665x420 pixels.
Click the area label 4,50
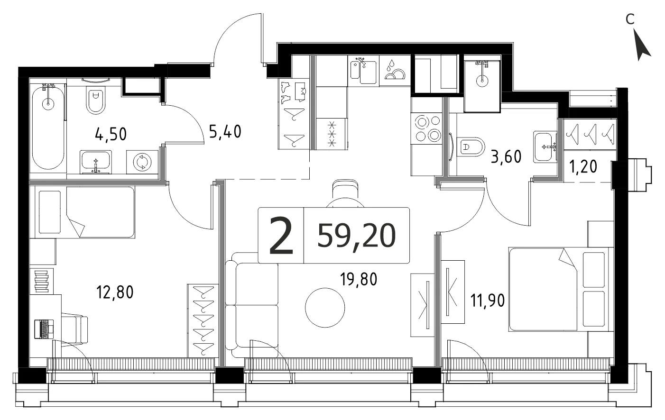click(x=111, y=134)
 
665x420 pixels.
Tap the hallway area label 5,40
click(x=225, y=132)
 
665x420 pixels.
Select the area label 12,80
click(x=115, y=292)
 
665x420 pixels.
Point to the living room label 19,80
click(x=359, y=279)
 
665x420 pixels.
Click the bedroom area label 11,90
click(x=488, y=301)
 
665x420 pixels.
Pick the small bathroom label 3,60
click(x=506, y=156)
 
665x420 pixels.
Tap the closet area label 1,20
click(x=583, y=167)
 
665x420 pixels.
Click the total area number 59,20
click(x=356, y=236)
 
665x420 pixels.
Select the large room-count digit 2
click(x=281, y=236)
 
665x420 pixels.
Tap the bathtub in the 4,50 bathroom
click(x=48, y=128)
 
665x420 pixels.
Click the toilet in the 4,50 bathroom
click(x=95, y=100)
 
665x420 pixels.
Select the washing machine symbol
click(x=142, y=162)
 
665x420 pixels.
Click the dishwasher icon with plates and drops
click(x=395, y=71)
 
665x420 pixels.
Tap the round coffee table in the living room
click(x=325, y=308)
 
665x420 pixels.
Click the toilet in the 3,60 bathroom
click(x=471, y=147)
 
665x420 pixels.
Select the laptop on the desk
click(x=44, y=329)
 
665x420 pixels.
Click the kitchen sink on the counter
click(x=363, y=71)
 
